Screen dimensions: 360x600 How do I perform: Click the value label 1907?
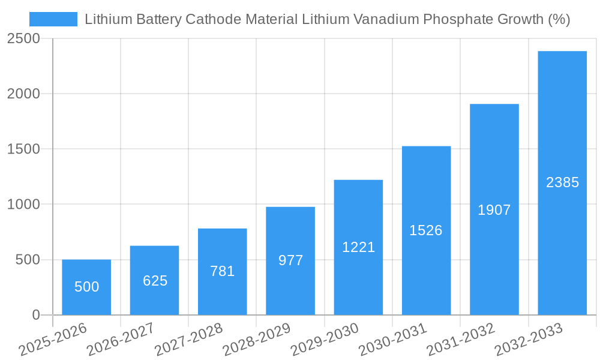coord(494,210)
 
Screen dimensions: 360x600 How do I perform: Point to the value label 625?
coord(155,281)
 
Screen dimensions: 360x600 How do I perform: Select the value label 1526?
coord(426,230)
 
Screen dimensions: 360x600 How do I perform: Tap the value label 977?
coord(290,260)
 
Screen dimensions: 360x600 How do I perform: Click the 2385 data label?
coord(562,182)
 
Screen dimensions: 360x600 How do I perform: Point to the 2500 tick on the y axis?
coord(24,38)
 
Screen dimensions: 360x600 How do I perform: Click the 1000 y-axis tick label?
coord(24,205)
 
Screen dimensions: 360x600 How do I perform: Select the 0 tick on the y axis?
coord(35,315)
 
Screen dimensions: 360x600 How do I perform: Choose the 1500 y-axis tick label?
coord(24,149)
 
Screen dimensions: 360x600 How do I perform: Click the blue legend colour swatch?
coord(53,19)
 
